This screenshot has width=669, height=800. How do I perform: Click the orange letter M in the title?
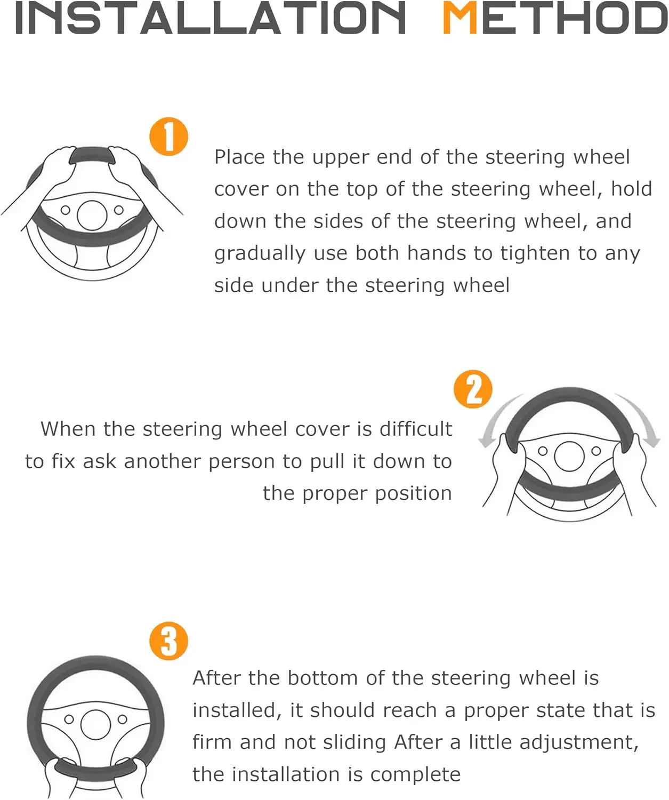[x=460, y=18]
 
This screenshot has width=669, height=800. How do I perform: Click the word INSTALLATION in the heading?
[x=210, y=18]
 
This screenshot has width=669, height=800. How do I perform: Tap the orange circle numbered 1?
[x=168, y=137]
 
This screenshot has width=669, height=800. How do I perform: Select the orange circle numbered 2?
[x=473, y=389]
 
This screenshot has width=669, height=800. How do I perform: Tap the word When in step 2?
[x=68, y=429]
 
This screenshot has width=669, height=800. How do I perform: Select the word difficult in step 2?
[x=416, y=429]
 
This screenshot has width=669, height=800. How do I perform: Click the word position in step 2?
[x=414, y=494]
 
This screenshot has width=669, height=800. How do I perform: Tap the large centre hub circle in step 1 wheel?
[x=92, y=215]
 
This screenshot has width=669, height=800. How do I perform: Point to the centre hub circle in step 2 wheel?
[x=569, y=456]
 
